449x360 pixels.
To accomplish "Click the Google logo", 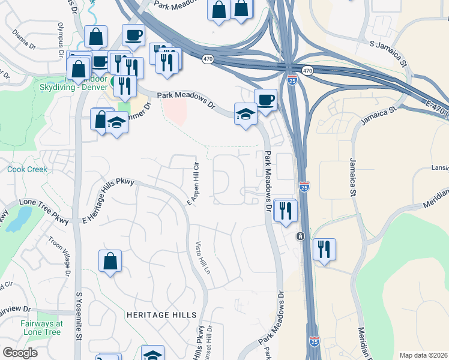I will click(x=20, y=353).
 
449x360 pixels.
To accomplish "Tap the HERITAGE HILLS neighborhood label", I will click(x=161, y=315).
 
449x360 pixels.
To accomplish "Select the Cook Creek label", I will click(x=27, y=170).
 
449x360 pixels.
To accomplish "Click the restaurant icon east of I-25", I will click(x=324, y=249).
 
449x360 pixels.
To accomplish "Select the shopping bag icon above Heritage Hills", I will click(x=110, y=261).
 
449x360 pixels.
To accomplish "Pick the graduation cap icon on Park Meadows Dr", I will click(x=246, y=114).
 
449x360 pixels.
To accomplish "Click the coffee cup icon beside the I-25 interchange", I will click(x=265, y=99).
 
